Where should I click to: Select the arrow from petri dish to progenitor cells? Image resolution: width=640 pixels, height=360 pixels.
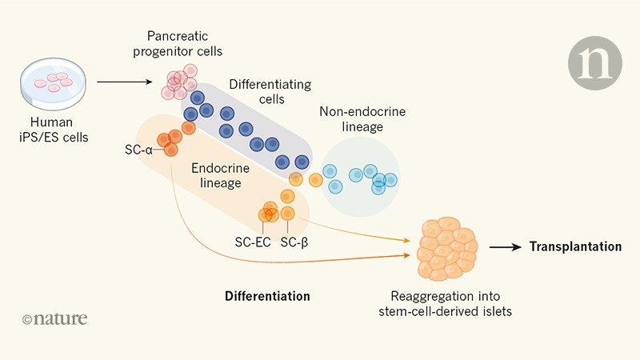(125, 82)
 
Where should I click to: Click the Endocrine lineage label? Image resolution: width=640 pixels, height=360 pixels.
(220, 176)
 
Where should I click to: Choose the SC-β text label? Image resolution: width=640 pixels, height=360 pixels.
(294, 243)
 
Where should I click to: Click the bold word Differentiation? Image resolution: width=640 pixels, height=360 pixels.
(267, 296)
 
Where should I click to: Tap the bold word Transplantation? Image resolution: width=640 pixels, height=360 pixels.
(574, 247)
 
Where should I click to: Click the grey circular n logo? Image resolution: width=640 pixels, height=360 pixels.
(594, 62)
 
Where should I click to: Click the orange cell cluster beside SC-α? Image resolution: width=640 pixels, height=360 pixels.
(170, 142)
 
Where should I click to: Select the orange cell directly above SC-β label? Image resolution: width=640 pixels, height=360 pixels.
(289, 213)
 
